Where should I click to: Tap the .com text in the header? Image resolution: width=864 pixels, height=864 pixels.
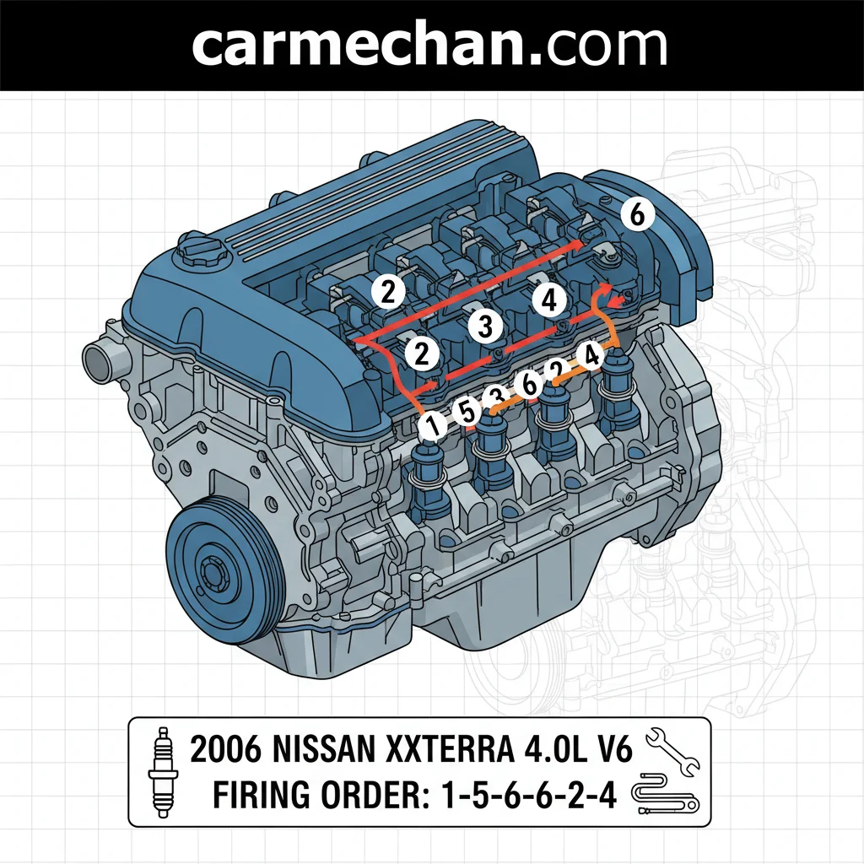click(598, 46)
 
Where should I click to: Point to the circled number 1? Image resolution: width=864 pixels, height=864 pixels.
click(433, 426)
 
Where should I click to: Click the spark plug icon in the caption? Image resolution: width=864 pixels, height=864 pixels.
click(163, 771)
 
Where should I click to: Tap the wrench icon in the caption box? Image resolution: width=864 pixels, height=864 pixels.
click(672, 751)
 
